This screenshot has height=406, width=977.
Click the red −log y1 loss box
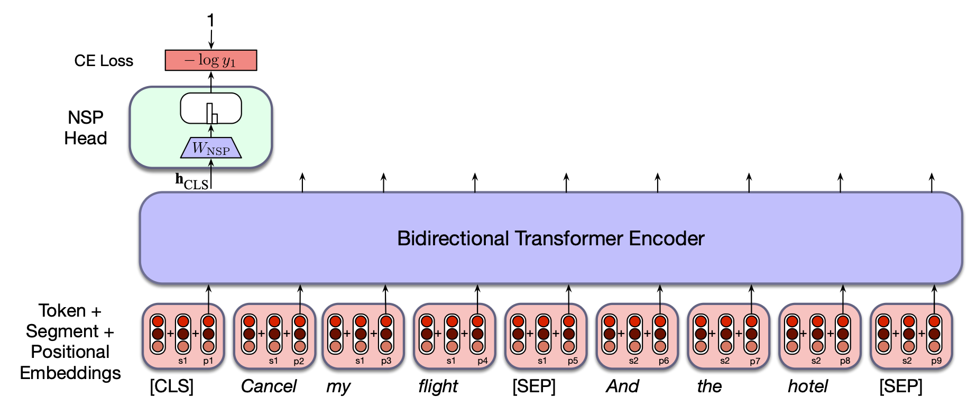tap(211, 60)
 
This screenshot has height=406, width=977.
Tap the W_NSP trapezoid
tap(211, 148)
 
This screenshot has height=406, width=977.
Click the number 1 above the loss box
tap(211, 21)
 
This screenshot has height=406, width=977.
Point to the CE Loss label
tap(104, 61)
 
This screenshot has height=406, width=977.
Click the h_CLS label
tap(191, 181)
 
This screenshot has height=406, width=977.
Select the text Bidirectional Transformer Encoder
tap(550, 238)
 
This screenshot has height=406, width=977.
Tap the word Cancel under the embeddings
tap(269, 386)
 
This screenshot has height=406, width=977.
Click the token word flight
tap(438, 386)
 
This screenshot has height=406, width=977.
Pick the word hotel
tap(807, 386)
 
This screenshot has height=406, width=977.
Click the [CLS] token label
tap(172, 386)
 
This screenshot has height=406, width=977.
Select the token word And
tap(622, 386)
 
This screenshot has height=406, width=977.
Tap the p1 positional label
tap(208, 361)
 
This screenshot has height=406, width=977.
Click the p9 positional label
tap(936, 361)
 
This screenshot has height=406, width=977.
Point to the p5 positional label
tap(573, 361)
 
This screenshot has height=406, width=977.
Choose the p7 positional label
tap(755, 361)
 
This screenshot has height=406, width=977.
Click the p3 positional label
tap(386, 361)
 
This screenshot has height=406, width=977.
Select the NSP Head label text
tap(86, 127)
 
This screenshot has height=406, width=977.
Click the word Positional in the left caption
tap(70, 352)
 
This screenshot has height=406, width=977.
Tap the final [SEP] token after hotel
tap(901, 386)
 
